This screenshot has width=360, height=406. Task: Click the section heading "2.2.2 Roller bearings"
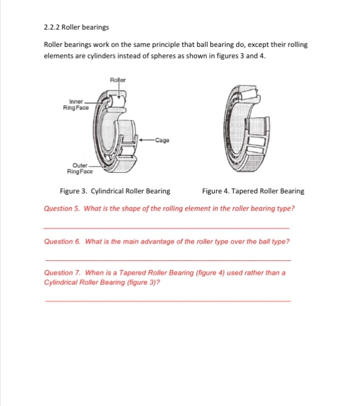(76, 27)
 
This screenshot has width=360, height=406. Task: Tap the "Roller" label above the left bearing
(117, 79)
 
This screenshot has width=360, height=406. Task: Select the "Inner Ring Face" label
(76, 104)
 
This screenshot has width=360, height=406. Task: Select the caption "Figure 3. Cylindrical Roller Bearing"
(115, 191)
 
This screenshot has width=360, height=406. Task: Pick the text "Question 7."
(62, 273)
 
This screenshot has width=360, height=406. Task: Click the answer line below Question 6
(167, 260)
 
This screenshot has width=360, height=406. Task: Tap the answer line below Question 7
(167, 301)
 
